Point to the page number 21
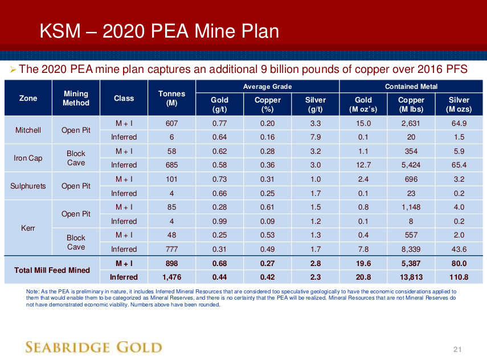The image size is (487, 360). (457, 349)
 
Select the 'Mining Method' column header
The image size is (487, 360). (76, 98)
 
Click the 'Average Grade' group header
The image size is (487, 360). (267, 87)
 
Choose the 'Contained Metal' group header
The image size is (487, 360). (411, 87)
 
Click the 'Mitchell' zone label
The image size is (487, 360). (28, 130)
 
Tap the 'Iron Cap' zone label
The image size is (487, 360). (28, 158)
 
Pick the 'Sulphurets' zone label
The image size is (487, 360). (28, 186)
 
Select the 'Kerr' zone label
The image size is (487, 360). (28, 228)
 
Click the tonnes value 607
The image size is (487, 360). (171, 123)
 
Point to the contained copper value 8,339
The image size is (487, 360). (411, 249)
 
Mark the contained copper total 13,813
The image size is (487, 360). (411, 277)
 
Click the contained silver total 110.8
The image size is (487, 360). (459, 277)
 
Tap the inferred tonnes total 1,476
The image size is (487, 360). (171, 277)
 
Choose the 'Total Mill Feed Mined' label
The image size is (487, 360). (52, 270)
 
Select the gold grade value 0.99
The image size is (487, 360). (219, 221)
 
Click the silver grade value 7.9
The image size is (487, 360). (316, 137)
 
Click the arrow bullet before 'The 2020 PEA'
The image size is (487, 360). (13, 69)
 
